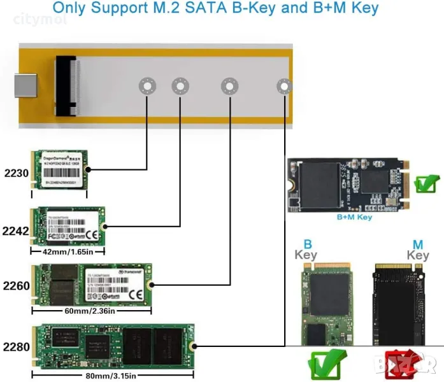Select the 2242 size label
(x=16, y=230)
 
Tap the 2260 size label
(x=16, y=286)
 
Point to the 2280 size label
(x=16, y=348)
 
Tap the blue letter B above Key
(x=308, y=244)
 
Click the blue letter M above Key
(x=418, y=244)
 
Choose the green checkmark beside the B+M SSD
(x=424, y=185)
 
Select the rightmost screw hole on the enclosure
(x=283, y=87)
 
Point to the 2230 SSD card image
(x=59, y=170)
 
